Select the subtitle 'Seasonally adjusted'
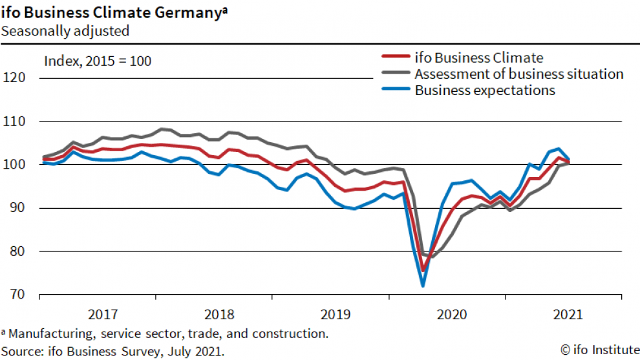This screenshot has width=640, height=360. point(65,30)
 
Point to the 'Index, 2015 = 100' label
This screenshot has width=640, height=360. point(97,61)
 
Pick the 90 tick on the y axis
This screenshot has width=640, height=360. point(18,208)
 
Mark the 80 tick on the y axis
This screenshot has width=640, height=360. point(18,251)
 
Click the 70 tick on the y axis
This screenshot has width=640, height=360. point(18,295)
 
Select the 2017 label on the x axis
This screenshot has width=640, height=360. point(103,315)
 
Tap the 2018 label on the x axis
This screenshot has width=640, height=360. point(219,315)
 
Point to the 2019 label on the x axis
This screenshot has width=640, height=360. point(336,315)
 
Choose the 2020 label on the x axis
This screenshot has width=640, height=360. point(452,315)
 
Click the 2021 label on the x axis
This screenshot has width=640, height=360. point(568,315)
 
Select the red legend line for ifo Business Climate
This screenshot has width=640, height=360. point(394,58)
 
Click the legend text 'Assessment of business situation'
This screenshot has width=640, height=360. point(519,74)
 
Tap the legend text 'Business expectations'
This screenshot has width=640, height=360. point(485,90)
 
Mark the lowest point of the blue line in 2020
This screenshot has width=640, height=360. point(423,285)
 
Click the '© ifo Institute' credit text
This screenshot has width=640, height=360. point(598,350)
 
